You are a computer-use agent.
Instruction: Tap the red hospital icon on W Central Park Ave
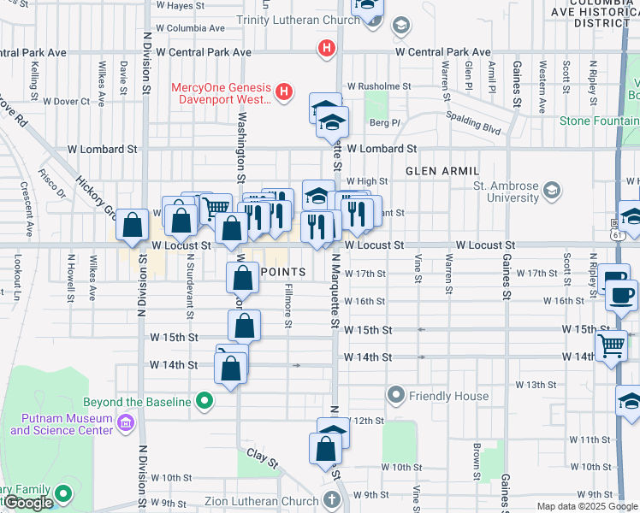[x=325, y=49]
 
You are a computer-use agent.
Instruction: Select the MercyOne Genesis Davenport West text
[x=221, y=93]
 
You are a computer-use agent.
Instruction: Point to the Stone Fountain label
[x=598, y=121]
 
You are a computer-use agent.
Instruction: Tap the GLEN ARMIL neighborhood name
[x=441, y=171]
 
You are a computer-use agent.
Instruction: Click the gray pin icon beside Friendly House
[x=395, y=395]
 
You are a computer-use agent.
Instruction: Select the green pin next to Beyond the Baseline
[x=204, y=400]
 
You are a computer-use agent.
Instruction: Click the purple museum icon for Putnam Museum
[x=125, y=422]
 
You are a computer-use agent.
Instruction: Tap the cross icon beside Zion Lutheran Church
[x=333, y=500]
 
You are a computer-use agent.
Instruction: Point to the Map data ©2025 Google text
[x=587, y=506]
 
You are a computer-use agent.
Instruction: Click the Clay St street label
[x=263, y=457]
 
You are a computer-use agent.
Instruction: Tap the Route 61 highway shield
[x=616, y=233]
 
